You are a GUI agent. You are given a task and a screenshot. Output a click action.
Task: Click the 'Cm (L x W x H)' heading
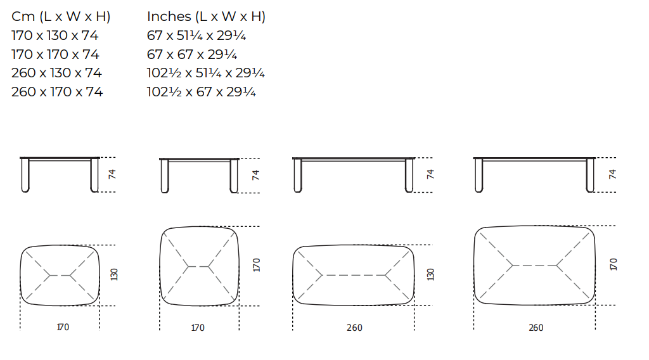pos(61,16)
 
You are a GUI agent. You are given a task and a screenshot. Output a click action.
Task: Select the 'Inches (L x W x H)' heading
pos(206,16)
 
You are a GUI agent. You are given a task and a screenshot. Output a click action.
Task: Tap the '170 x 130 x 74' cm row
pos(55,35)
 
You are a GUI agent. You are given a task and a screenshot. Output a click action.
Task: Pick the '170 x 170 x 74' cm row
pos(55,55)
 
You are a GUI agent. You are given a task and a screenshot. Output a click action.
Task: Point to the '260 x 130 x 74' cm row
pos(56,73)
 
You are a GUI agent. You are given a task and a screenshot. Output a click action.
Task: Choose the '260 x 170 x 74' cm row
pos(56,92)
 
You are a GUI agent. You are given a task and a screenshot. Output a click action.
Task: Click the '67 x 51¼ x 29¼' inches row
pos(196,35)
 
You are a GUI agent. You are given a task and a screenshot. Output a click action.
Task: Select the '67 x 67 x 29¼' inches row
pos(192,55)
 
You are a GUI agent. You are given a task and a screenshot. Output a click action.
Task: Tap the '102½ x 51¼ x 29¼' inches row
pos(206,73)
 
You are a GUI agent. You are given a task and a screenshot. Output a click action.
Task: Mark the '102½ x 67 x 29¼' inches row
pos(201,92)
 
